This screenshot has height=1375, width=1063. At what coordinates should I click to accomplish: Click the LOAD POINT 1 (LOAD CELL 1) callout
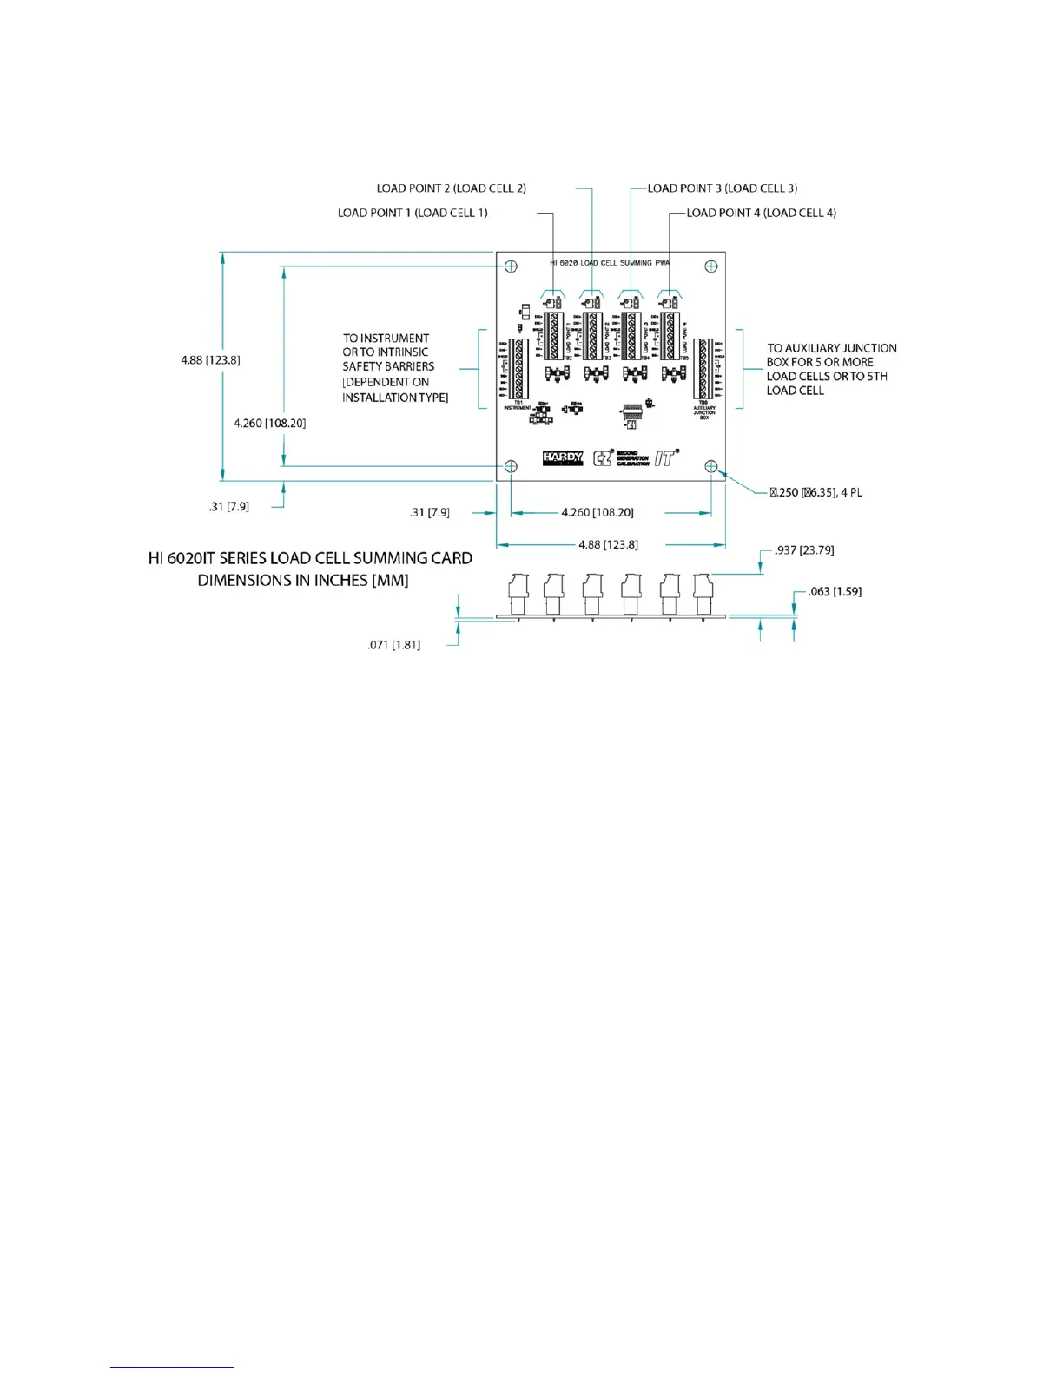point(413,213)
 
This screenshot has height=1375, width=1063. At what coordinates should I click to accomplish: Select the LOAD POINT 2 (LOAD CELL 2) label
point(451,188)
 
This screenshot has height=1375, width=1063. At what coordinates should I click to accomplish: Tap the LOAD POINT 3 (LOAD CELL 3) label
point(723,188)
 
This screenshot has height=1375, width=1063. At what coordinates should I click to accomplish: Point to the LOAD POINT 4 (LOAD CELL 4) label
point(761,213)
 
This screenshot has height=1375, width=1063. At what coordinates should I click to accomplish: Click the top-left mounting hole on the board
point(512,266)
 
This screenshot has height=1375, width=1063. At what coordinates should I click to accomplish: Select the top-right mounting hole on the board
point(711,266)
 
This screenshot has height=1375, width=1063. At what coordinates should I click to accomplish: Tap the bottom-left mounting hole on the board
point(512,467)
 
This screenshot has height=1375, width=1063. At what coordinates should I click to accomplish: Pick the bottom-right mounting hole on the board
point(711,467)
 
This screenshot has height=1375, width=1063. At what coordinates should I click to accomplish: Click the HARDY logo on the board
point(563,458)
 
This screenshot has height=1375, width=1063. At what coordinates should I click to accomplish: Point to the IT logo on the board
point(666,457)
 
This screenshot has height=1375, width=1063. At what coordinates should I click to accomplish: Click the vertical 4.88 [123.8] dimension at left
point(210,360)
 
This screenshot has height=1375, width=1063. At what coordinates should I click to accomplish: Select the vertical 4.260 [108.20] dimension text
point(269,424)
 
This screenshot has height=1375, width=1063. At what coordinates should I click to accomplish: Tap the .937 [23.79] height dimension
point(804,550)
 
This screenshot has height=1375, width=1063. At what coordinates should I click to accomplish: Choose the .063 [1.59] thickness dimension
point(835,592)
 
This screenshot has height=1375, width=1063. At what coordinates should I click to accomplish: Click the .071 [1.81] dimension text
point(393,645)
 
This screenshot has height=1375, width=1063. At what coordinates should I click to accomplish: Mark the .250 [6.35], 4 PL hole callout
point(815,493)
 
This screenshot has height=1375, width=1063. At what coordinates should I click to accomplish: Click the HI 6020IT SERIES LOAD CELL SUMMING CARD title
point(310,569)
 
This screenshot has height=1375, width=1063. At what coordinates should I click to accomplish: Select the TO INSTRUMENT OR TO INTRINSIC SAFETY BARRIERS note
point(395,368)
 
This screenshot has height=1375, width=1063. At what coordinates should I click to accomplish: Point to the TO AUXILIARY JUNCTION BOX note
point(831,369)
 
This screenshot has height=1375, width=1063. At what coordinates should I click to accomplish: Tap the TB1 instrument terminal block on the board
point(519,368)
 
